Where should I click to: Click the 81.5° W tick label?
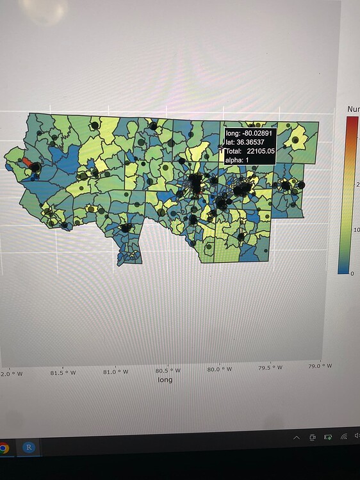point(63,372)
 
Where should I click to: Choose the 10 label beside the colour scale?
point(356,230)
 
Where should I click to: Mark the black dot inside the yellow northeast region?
point(295,140)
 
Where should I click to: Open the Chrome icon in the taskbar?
point(3,449)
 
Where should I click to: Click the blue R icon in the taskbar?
point(28,448)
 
